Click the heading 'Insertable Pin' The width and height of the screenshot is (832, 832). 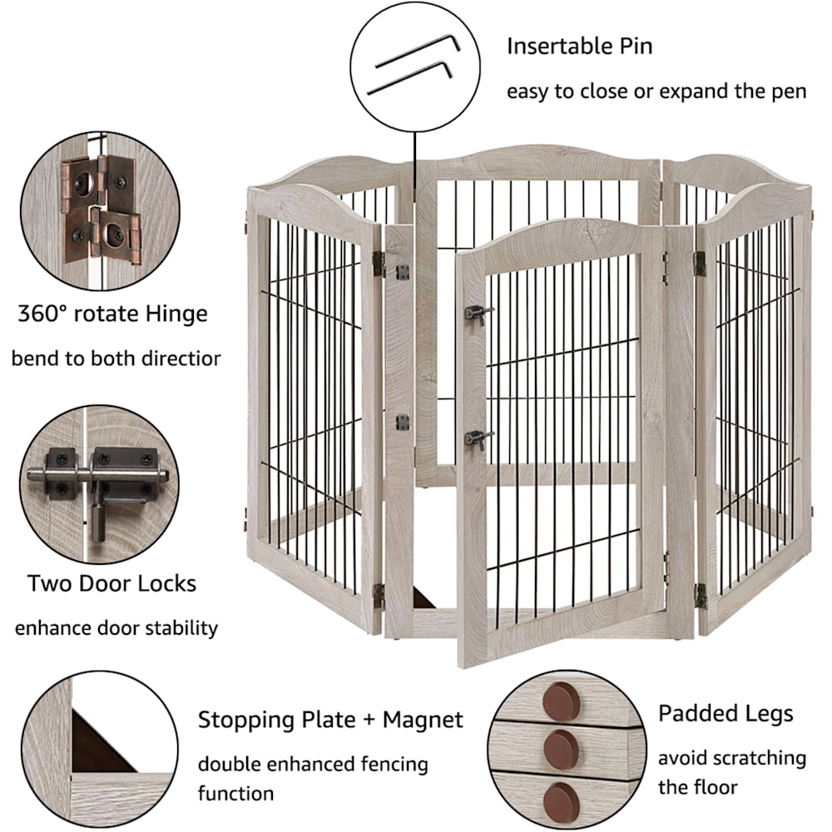(579, 46)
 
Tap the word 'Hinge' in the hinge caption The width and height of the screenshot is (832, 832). (176, 314)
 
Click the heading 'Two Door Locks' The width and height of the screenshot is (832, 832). (112, 583)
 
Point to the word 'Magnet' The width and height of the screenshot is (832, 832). (423, 720)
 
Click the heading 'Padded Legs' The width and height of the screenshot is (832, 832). (726, 714)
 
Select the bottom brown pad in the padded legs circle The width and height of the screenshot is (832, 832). (562, 800)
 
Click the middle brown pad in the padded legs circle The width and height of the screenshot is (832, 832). (562, 750)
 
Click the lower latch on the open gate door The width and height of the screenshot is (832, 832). (478, 439)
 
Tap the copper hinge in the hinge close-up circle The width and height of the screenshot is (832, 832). (102, 209)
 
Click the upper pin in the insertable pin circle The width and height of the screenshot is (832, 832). (418, 51)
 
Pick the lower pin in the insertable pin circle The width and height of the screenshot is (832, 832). (410, 77)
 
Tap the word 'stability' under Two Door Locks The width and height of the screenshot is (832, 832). (181, 628)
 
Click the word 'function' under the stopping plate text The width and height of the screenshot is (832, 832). (236, 793)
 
